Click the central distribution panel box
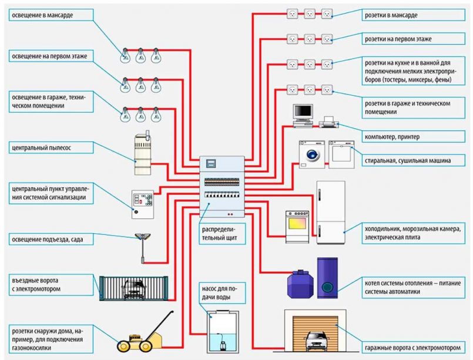click(x=222, y=187)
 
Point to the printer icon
click(x=327, y=123)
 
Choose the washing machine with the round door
click(x=311, y=154)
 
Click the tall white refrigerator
click(x=331, y=213)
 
